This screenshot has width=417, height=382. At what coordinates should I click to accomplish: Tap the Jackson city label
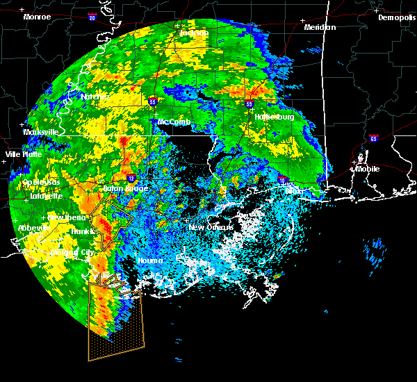pos(194,33)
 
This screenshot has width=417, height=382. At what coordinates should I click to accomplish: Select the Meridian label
pos(320,27)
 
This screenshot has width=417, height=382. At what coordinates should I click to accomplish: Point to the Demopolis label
pos(396,17)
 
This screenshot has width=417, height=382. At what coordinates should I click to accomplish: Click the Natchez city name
pos(95,97)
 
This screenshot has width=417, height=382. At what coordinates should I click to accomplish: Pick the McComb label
pos(173,122)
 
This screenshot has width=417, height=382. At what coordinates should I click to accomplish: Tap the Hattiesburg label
pos(275,117)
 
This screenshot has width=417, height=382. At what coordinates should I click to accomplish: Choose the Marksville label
pos(40,132)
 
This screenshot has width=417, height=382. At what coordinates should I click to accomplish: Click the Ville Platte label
pos(24,154)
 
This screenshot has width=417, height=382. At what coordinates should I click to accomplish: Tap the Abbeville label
pos(34,228)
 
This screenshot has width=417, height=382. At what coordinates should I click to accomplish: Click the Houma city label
pos(149,260)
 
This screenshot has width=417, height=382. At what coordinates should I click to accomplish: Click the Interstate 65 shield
pos(374,138)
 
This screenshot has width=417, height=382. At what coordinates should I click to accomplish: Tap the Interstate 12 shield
pos(131,178)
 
